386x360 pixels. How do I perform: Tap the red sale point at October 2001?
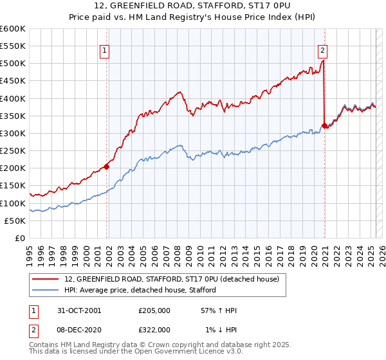click(x=107, y=166)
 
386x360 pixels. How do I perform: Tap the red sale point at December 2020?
click(x=324, y=125)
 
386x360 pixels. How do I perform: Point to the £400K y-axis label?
click(x=13, y=98)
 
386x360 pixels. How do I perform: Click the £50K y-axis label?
click(x=15, y=221)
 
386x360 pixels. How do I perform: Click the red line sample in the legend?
click(x=44, y=279)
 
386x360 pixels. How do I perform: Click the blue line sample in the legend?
click(x=44, y=290)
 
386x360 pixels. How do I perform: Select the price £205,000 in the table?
click(x=154, y=310)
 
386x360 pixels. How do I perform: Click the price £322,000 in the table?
click(x=154, y=329)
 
